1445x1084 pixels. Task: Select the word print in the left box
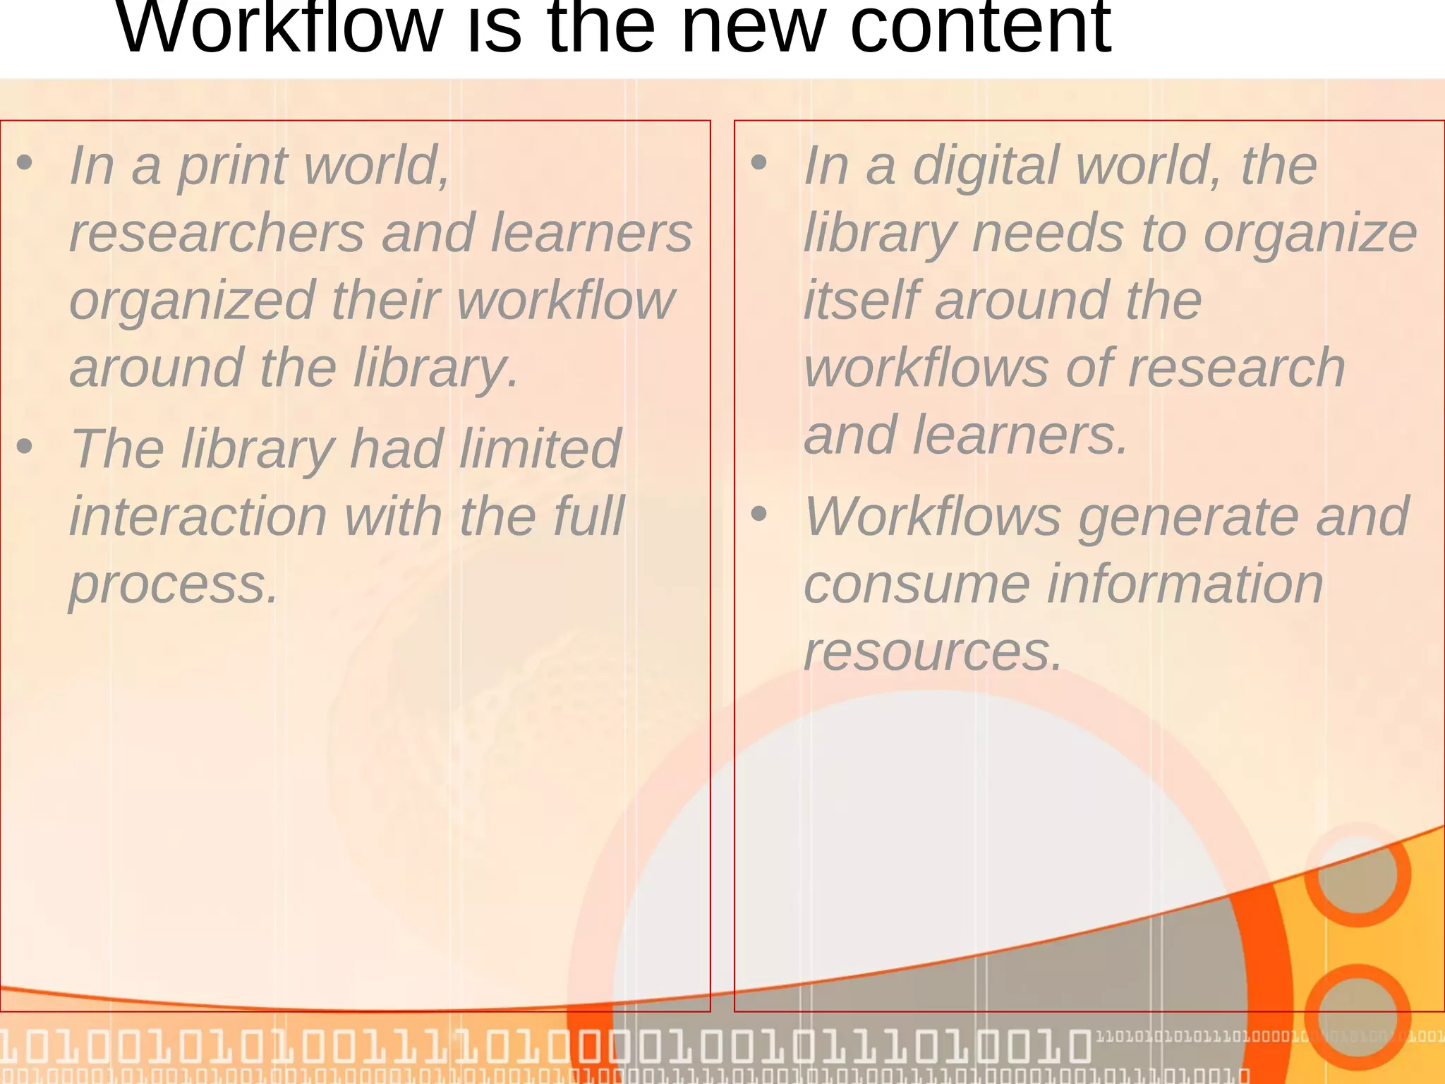[x=232, y=167]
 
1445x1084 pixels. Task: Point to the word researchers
[x=217, y=233]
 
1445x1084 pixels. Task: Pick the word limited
[x=540, y=449]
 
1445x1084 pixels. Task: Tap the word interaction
[x=198, y=517]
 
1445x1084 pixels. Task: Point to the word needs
[x=1047, y=233]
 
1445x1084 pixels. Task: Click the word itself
[x=861, y=300]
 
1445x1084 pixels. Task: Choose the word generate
[x=1188, y=517]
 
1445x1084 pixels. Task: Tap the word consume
[x=917, y=584]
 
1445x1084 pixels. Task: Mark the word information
[x=1185, y=584]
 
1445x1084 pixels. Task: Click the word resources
[x=933, y=652]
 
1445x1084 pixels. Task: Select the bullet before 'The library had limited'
[x=25, y=447]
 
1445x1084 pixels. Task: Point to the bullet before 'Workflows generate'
[x=759, y=514]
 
